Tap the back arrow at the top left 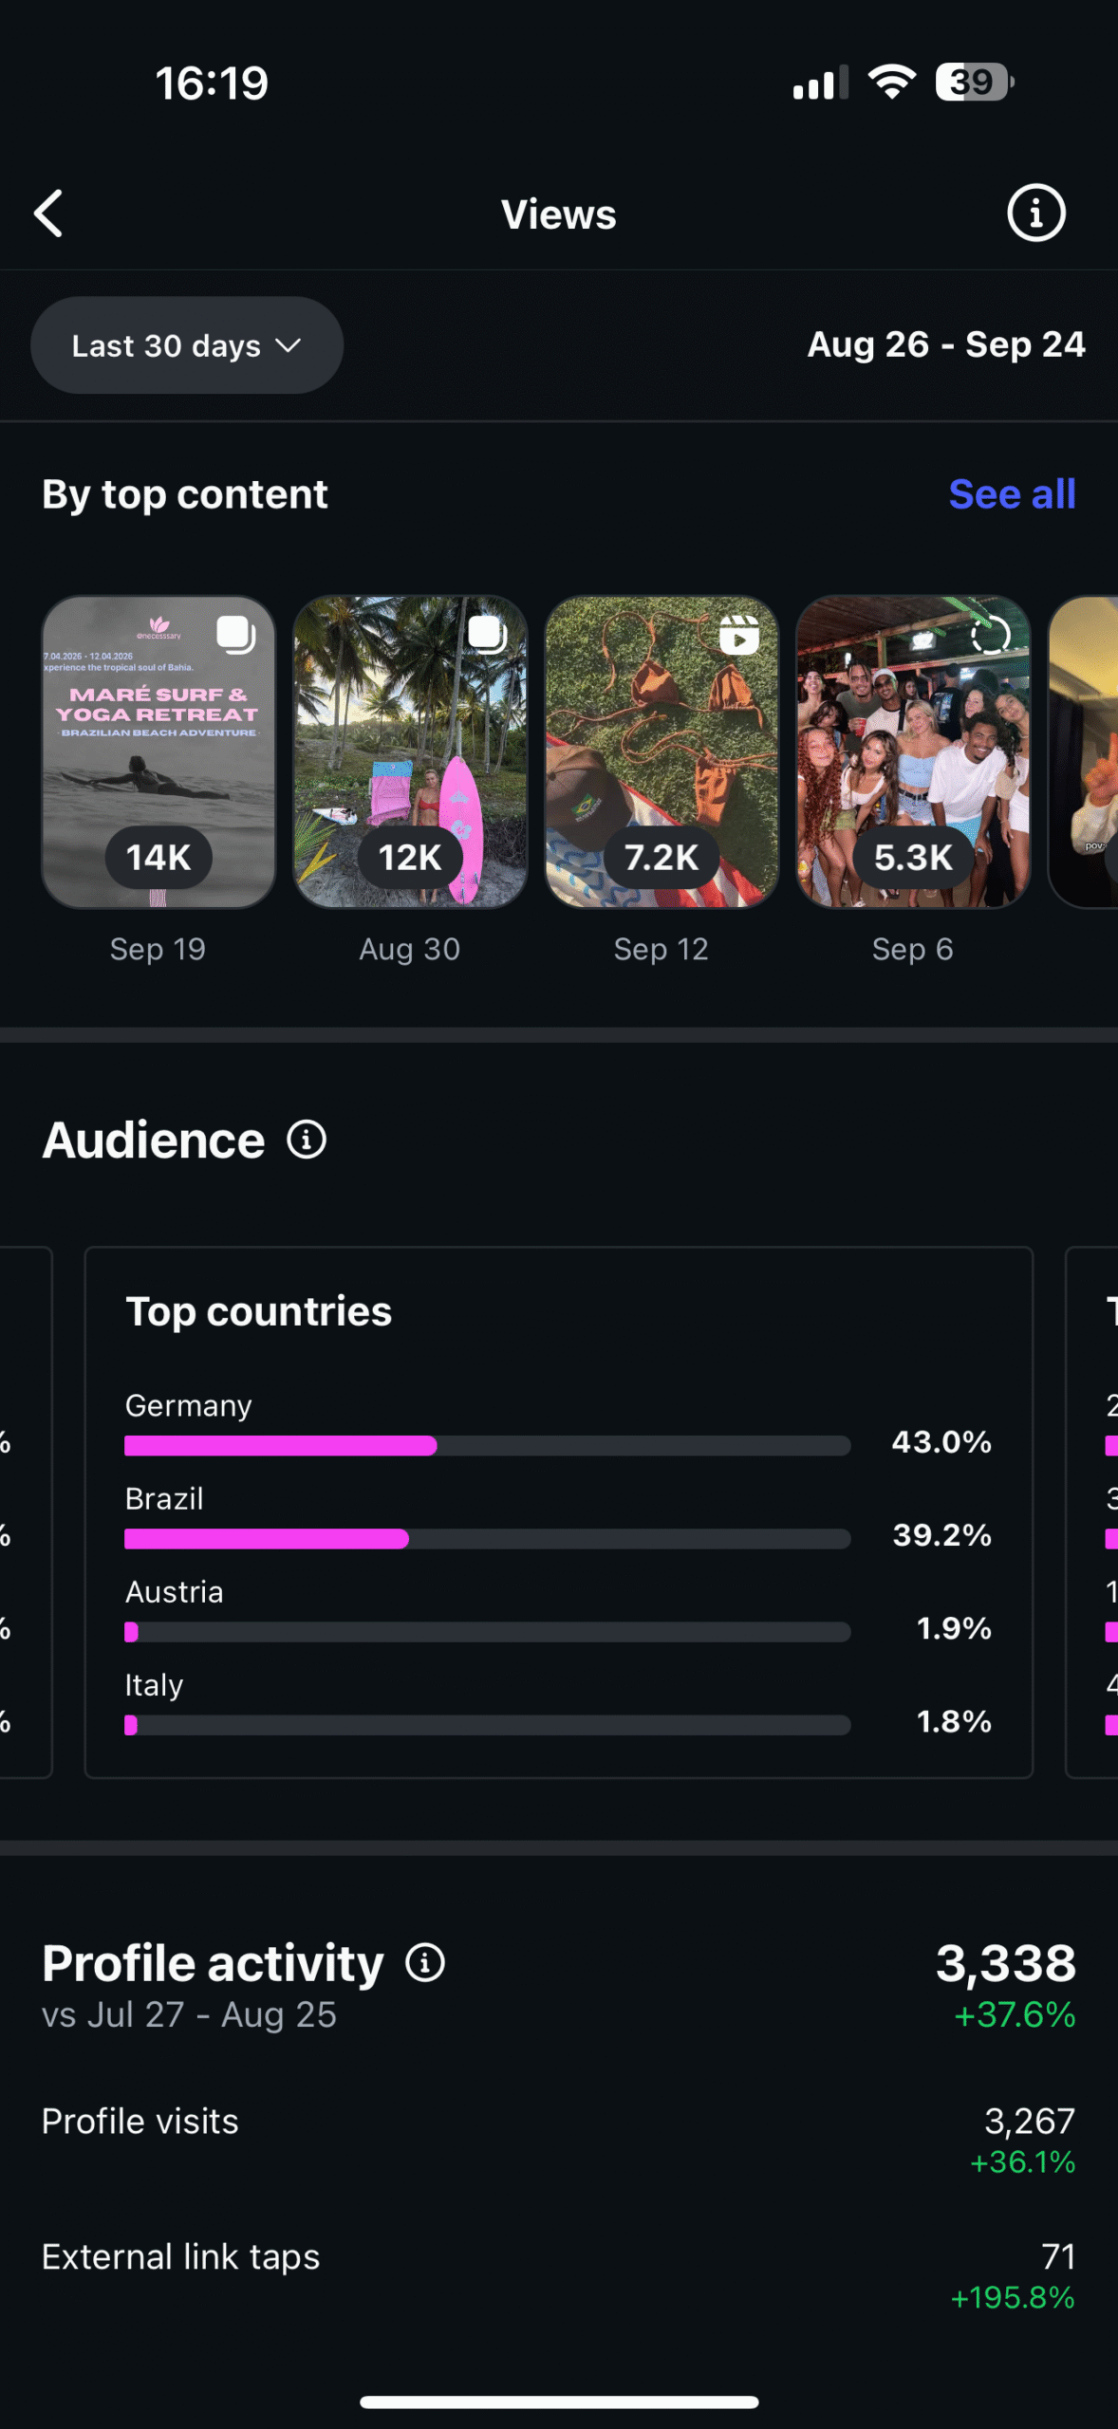pos(49,213)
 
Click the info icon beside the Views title pos(1035,213)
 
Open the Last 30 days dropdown pos(186,345)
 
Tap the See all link pos(1012,494)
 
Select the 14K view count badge pos(158,858)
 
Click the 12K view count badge pos(410,858)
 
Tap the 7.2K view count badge pos(661,858)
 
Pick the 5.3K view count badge pos(913,858)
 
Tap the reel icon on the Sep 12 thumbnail pos(739,635)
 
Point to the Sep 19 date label pos(158,949)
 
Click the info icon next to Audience pos(307,1140)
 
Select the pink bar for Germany pos(281,1446)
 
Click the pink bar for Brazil pos(267,1539)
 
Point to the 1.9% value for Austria pos(953,1628)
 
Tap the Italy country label pos(154,1685)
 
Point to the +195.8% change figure pos(1013,2298)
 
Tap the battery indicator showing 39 pos(974,83)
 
